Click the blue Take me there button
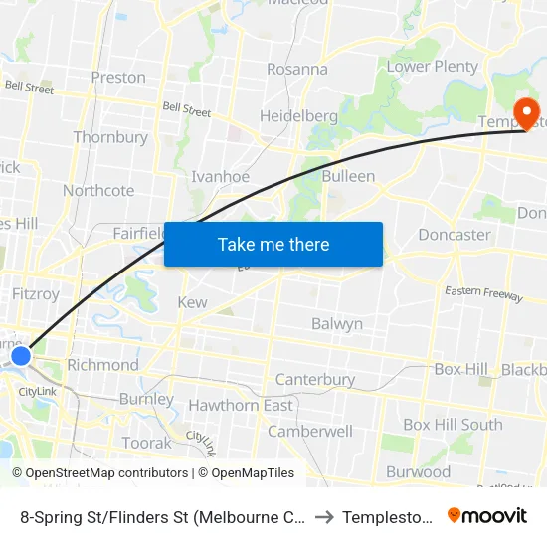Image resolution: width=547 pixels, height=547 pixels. point(273,244)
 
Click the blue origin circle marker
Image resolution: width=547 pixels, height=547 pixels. point(20,355)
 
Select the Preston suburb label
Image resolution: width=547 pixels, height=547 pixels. point(117,78)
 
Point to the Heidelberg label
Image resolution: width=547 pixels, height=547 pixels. point(298,116)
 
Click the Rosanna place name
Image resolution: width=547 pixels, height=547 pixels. point(296,70)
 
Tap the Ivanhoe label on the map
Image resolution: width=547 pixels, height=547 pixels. point(220,176)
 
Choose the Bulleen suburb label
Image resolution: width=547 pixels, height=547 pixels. point(348,176)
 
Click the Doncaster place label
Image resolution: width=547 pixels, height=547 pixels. point(455,235)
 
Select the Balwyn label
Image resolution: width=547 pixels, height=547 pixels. point(337,324)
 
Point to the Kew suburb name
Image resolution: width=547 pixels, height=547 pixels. point(192,302)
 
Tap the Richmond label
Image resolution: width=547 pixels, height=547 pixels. point(102,365)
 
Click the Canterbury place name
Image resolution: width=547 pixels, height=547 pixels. point(314,379)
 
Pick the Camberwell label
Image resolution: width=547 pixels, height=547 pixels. point(310,432)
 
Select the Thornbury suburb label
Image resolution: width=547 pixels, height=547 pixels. point(110,137)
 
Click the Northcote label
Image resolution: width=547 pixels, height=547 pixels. point(98,190)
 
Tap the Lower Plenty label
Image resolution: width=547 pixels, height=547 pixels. point(432,67)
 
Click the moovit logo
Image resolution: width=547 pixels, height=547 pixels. point(486,515)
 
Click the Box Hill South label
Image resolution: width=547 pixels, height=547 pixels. point(453,425)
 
